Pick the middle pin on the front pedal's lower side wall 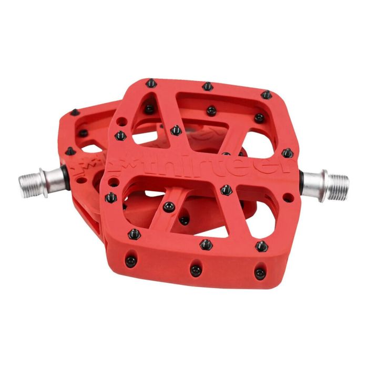(196, 270)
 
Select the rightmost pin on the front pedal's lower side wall (259, 272)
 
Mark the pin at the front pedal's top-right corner (267, 95)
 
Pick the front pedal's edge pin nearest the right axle (287, 152)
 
